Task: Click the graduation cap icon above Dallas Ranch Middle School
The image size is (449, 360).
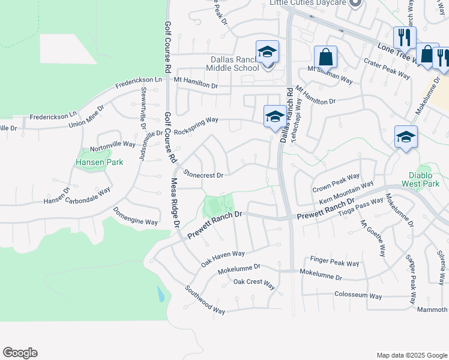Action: coord(267,52)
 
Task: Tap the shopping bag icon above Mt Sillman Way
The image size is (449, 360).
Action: coord(325,58)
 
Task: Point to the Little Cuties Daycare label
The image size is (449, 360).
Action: coord(308,3)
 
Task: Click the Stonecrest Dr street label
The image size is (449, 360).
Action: coord(203,175)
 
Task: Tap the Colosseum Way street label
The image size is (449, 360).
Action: coord(358,296)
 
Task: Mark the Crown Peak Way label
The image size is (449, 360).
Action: coord(336,182)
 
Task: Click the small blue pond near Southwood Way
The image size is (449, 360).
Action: coord(160,295)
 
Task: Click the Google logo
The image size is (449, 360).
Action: coord(20,353)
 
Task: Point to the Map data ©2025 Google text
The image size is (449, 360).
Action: coord(411,355)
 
